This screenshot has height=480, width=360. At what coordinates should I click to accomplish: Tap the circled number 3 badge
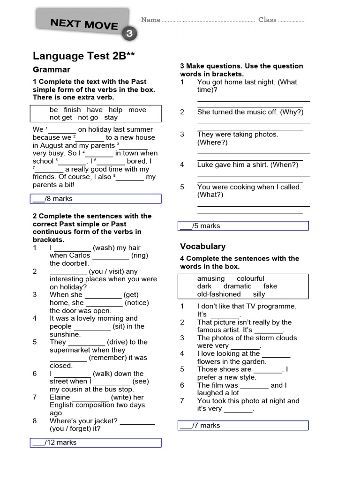tap(129, 33)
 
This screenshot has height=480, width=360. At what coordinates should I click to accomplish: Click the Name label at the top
tap(151, 20)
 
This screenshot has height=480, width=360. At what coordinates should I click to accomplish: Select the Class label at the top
tap(267, 20)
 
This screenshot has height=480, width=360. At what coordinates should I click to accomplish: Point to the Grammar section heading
tap(52, 70)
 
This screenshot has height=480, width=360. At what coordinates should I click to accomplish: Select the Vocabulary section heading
tap(202, 247)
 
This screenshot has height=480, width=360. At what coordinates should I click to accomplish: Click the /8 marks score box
tap(97, 199)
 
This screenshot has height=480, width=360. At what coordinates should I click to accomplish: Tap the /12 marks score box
tap(97, 442)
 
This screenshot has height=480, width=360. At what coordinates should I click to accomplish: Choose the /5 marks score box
tap(243, 226)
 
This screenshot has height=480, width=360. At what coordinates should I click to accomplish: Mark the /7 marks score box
tap(243, 426)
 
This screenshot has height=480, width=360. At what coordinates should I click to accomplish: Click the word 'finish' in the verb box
tap(72, 110)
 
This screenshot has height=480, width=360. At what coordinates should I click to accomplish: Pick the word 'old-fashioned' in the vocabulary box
tap(219, 294)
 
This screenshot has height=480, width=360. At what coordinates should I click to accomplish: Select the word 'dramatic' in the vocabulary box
tap(237, 286)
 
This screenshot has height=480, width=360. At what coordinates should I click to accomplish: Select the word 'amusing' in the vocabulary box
tap(211, 278)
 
